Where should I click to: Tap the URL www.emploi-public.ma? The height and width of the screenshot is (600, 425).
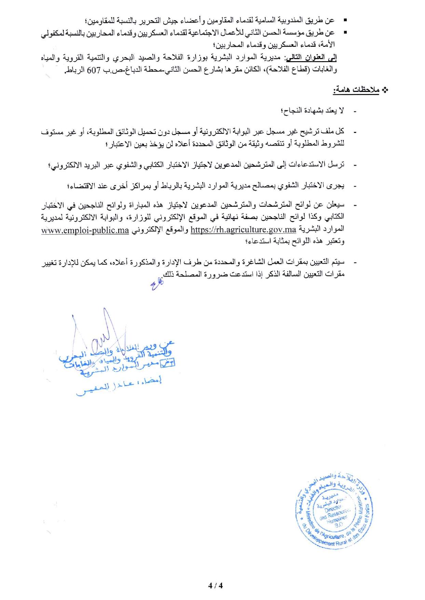85,230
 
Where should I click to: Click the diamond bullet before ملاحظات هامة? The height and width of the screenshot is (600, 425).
385,91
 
